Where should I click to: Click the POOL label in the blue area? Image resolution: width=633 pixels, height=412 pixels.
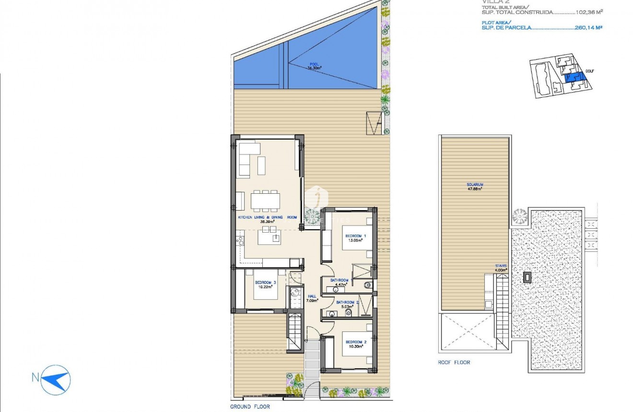pyautogui.click(x=314, y=64)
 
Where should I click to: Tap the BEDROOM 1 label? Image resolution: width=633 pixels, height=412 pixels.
pyautogui.click(x=355, y=235)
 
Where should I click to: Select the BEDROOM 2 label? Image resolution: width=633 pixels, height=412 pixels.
pyautogui.click(x=355, y=342)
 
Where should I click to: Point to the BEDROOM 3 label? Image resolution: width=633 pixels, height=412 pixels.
pyautogui.click(x=264, y=283)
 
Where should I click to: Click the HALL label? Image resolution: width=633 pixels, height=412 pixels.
pyautogui.click(x=312, y=296)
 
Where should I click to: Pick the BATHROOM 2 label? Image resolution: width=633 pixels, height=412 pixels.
pyautogui.click(x=347, y=302)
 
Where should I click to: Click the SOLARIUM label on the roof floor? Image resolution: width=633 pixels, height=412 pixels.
pyautogui.click(x=474, y=185)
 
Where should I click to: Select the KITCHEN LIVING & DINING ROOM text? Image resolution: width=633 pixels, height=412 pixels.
pyautogui.click(x=268, y=217)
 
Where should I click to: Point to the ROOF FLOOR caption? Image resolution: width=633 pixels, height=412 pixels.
pyautogui.click(x=454, y=363)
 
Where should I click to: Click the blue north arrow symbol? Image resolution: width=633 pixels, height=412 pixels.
pyautogui.click(x=57, y=377)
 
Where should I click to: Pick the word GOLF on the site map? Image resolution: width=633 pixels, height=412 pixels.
pyautogui.click(x=589, y=72)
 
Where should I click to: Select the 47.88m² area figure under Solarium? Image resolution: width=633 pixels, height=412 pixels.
pyautogui.click(x=474, y=189)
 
